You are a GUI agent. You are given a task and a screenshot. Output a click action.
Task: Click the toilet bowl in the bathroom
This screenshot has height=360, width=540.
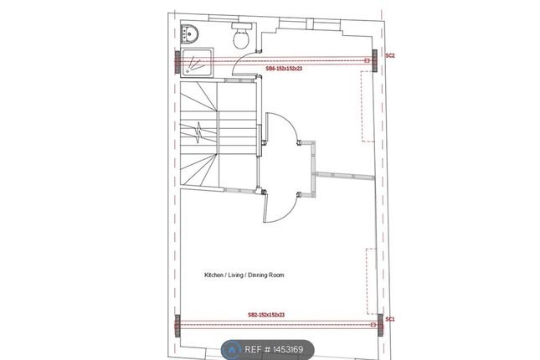pyautogui.click(x=241, y=39)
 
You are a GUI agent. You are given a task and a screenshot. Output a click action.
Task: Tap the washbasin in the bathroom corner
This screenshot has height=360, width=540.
pyautogui.click(x=188, y=33)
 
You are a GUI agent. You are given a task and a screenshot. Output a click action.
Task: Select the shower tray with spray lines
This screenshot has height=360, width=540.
pyautogui.click(x=197, y=63)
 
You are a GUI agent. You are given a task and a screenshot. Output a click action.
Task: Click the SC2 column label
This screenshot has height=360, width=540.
pyautogui.click(x=390, y=55)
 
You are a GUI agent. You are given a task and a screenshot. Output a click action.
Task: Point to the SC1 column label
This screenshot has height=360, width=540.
pyautogui.click(x=390, y=319)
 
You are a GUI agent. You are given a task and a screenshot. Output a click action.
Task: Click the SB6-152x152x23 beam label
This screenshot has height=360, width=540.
pyautogui.click(x=284, y=69)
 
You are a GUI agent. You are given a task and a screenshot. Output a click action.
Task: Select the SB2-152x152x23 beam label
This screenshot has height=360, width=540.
pyautogui.click(x=266, y=315)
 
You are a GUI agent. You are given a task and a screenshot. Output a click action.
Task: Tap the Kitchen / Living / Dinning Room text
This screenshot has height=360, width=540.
pyautogui.click(x=244, y=275)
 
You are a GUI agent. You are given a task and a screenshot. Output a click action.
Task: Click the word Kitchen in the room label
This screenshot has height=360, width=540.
pyautogui.click(x=213, y=275)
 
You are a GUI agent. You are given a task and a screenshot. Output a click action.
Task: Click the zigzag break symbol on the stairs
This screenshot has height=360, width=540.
pyautogui.click(x=199, y=132)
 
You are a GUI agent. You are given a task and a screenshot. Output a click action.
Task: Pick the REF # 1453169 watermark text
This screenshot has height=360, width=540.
pyautogui.click(x=274, y=350)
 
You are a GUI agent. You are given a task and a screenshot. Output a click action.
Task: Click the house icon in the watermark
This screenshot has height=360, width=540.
pyautogui.click(x=232, y=350)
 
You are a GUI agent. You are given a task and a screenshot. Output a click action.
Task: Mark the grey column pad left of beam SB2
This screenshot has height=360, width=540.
pyautogui.click(x=177, y=326)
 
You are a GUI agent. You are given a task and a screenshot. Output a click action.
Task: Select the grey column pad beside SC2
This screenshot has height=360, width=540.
pyautogui.click(x=375, y=60)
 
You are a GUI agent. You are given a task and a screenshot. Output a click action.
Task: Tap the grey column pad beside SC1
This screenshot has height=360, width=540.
pyautogui.click(x=380, y=325)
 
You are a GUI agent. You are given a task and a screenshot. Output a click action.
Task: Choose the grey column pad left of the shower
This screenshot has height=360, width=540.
pyautogui.click(x=177, y=62)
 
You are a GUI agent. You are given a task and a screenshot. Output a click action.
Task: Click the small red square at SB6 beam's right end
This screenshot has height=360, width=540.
pyautogui.click(x=368, y=60)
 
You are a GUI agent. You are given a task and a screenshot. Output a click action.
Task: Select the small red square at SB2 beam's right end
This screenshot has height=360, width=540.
pyautogui.click(x=373, y=325)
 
